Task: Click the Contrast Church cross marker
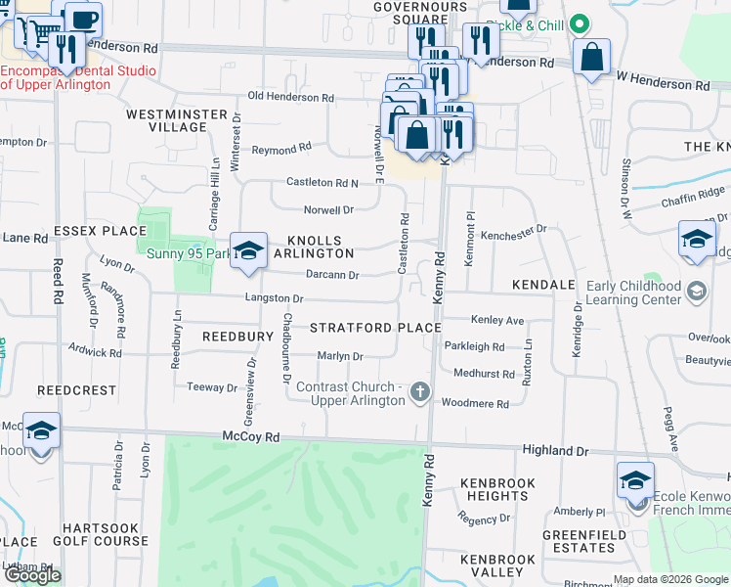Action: pos(420,391)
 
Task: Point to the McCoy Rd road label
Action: pos(251,436)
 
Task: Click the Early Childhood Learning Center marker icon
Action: pos(696,291)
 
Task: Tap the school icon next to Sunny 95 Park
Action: pos(248,251)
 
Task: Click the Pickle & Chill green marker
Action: pos(580,23)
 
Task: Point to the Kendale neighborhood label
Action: pos(542,285)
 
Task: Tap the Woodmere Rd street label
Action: pos(475,403)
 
